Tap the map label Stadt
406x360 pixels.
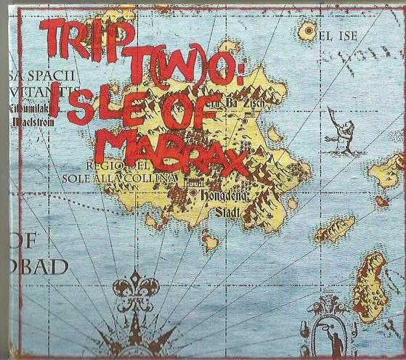click(232, 213)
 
